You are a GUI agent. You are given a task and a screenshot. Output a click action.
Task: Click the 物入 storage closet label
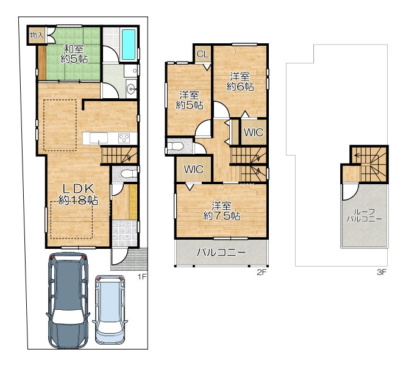37,35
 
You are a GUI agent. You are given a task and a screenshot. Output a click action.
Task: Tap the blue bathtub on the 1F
129,45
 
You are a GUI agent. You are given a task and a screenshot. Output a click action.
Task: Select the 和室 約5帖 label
74,54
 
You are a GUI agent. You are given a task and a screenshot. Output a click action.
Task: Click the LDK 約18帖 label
78,194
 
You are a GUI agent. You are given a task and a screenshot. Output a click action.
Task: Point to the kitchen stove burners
124,138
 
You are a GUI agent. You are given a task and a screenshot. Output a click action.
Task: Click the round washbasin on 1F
132,89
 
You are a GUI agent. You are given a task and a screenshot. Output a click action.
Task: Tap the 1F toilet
129,173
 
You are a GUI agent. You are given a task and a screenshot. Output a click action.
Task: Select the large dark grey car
68,301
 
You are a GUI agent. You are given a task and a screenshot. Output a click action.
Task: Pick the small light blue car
110,309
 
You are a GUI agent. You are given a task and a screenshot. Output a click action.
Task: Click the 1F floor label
142,277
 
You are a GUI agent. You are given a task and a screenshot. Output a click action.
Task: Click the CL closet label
202,54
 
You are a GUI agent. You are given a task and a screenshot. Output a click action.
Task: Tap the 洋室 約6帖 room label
240,82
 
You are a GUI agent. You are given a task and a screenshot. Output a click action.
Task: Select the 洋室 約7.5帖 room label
221,211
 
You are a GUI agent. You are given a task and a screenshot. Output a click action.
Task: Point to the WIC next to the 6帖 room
254,132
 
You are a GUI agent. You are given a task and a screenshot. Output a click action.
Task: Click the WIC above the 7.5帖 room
193,170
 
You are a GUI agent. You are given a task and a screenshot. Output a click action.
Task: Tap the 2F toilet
176,146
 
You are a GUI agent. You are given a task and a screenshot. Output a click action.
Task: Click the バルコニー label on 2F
221,253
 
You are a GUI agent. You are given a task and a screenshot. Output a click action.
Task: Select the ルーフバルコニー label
364,215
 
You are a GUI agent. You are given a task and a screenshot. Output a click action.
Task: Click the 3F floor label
382,272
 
